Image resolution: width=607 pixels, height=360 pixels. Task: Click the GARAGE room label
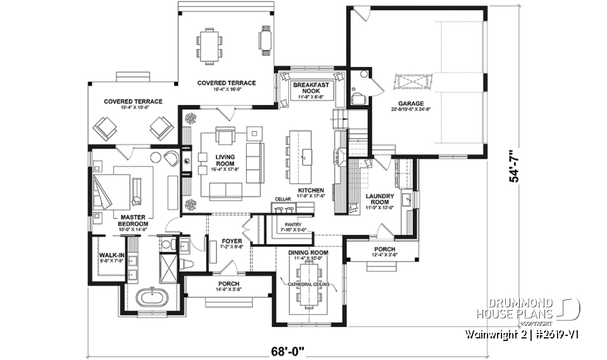(x=411, y=104)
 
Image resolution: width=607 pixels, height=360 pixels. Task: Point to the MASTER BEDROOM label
(x=133, y=221)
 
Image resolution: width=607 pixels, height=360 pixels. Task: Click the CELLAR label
(x=282, y=199)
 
